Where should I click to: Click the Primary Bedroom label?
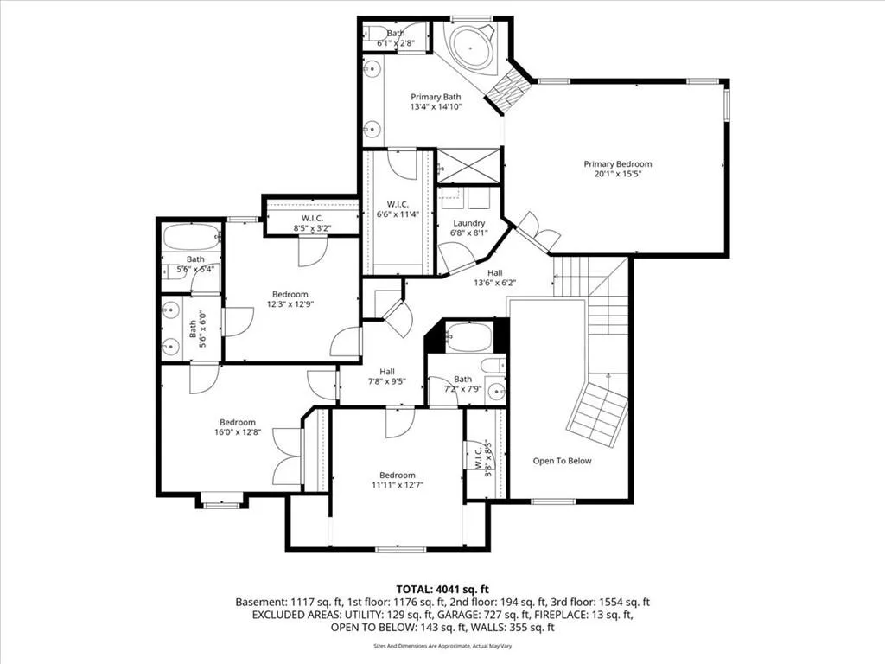pos(617,169)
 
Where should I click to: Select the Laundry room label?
pos(469,227)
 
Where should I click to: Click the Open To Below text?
pos(562,461)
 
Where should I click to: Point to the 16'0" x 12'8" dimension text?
pos(238,432)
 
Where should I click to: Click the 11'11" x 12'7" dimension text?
pos(398,484)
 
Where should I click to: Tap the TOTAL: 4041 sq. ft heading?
pos(442,590)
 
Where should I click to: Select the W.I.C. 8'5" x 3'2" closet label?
pos(312,224)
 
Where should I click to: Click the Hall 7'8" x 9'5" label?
pos(387,376)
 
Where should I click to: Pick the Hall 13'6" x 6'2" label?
pos(495,278)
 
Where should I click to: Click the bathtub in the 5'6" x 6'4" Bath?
pos(191,236)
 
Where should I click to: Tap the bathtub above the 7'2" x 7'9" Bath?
pos(468,337)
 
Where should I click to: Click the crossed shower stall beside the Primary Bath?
pos(469,165)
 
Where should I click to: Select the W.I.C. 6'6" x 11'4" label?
pos(398,209)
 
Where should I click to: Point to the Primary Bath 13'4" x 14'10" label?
pos(436,102)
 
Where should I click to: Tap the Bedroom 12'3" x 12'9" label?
pos(290,298)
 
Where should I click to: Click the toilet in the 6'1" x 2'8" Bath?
pos(373,33)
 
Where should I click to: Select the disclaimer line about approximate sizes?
pos(442,646)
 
